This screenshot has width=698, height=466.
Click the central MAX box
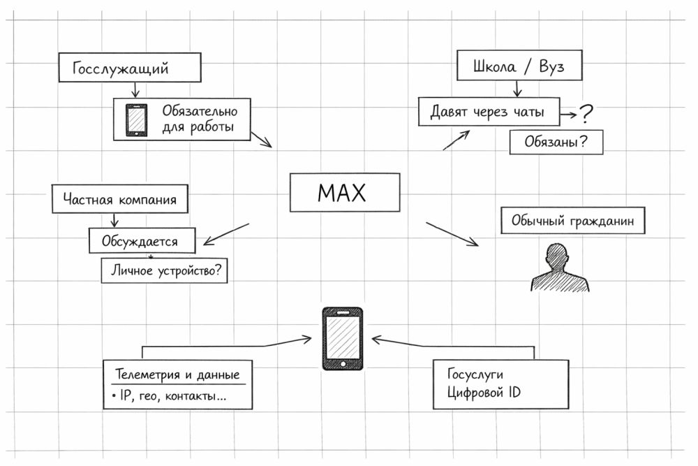pos(345,192)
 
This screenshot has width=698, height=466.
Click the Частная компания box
pos(119,200)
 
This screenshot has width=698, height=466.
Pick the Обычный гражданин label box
pos(572,221)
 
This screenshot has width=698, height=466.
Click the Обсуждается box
pos(142,242)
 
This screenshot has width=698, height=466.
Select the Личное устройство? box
pos(165,270)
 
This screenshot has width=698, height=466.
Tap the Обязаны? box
pos(555,142)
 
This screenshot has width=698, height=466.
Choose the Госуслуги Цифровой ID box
pos(500,384)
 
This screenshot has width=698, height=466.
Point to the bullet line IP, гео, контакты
pos(170,397)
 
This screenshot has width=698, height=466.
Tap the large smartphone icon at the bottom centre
pos(343,338)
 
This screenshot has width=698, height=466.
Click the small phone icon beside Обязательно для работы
pos(136,119)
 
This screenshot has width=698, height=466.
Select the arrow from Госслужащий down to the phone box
pos(135,89)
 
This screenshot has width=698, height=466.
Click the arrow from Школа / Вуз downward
pos(517,89)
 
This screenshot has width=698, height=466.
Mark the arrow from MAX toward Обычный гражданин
pos(452,234)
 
